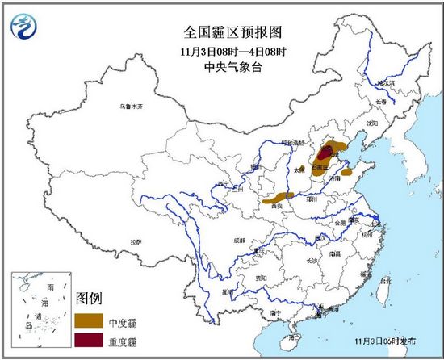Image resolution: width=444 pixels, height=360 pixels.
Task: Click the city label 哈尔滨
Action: [x=387, y=83]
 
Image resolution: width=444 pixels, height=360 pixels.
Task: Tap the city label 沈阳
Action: [x=371, y=123]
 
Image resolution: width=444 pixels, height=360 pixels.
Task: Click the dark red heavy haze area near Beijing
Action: [x=325, y=153]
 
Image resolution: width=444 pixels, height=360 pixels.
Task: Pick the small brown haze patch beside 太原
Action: [x=302, y=169]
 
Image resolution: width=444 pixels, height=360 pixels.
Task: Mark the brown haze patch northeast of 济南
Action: [x=346, y=171]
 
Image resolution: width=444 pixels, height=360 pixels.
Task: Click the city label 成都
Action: [x=240, y=240]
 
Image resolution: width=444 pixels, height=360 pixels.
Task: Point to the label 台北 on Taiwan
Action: [x=384, y=281]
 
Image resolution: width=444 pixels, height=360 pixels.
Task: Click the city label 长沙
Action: [x=312, y=262]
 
